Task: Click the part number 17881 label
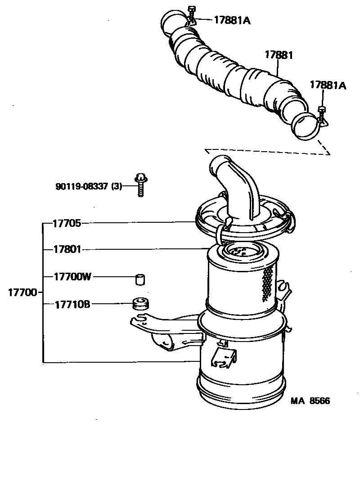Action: pos(279,55)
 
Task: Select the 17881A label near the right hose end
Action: pos(328,85)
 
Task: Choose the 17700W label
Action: pos(72,277)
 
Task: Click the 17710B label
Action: pos(72,304)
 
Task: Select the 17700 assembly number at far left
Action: pos(22,292)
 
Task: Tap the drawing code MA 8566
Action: pos(310,400)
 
